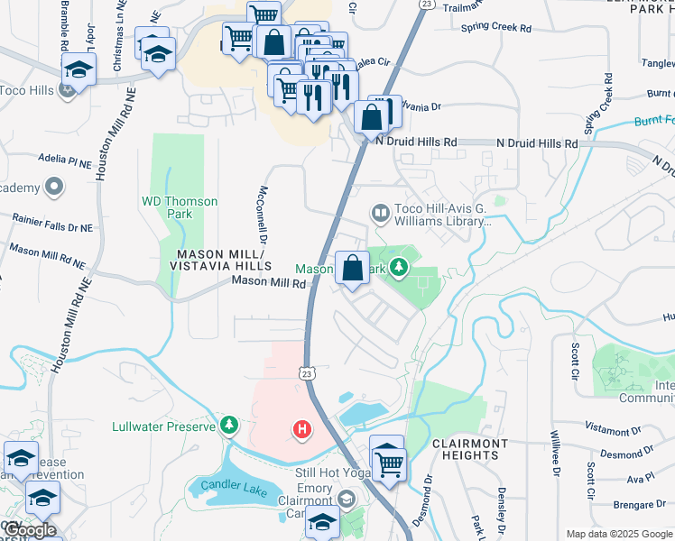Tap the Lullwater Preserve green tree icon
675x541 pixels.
(x=230, y=425)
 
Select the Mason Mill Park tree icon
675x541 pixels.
(x=396, y=268)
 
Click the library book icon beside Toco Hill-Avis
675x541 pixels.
(x=381, y=214)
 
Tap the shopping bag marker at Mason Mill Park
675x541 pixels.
(x=352, y=267)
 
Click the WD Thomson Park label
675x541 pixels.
(x=180, y=207)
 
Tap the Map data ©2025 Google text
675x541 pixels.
(x=618, y=534)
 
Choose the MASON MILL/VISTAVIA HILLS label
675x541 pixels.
(x=217, y=261)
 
